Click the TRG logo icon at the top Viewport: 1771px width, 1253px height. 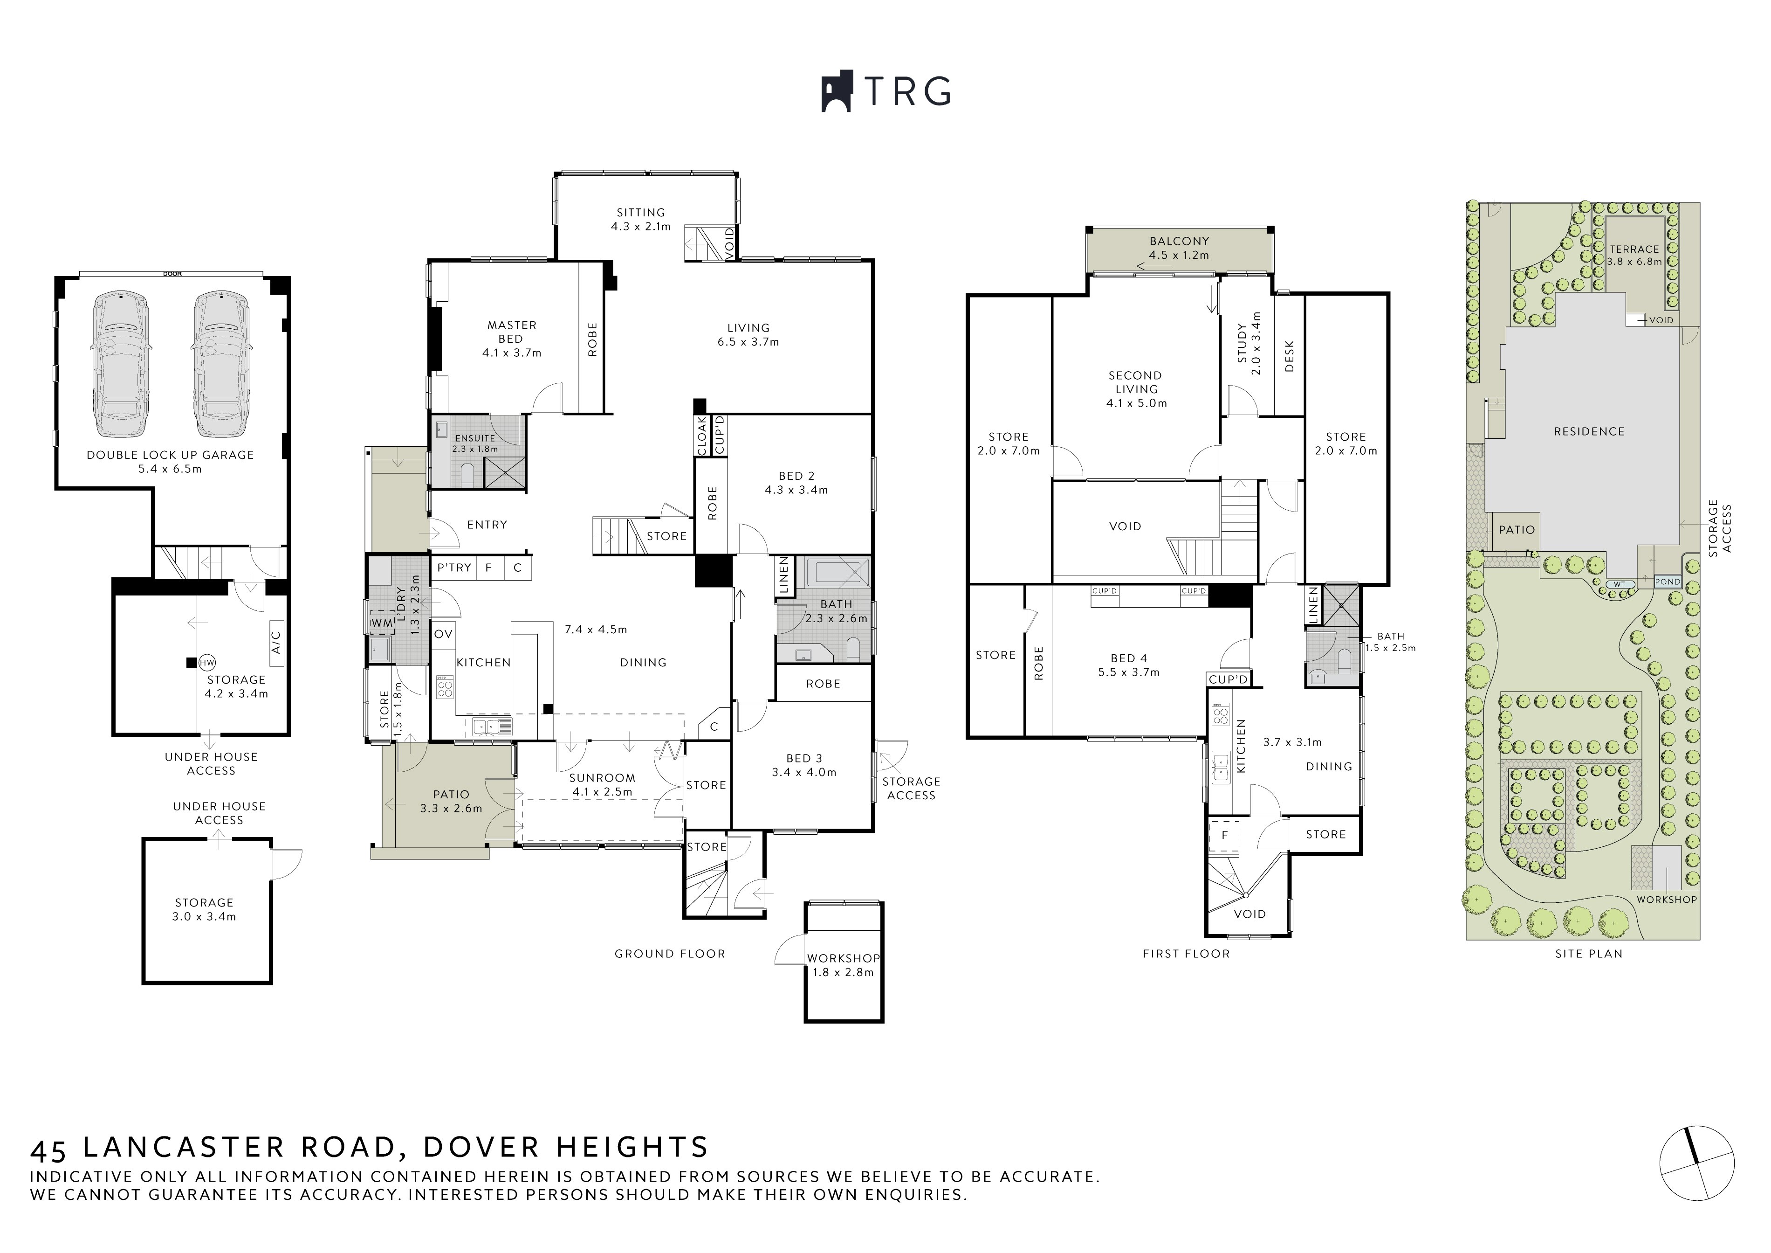pyautogui.click(x=836, y=92)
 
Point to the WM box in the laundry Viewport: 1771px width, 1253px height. pyautogui.click(x=382, y=622)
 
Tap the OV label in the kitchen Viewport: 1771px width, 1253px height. pyautogui.click(x=443, y=634)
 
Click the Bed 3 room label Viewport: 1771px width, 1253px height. pyautogui.click(x=804, y=765)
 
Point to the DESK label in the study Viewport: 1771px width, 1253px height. pyautogui.click(x=1289, y=356)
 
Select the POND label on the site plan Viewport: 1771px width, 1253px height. pyautogui.click(x=1668, y=582)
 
